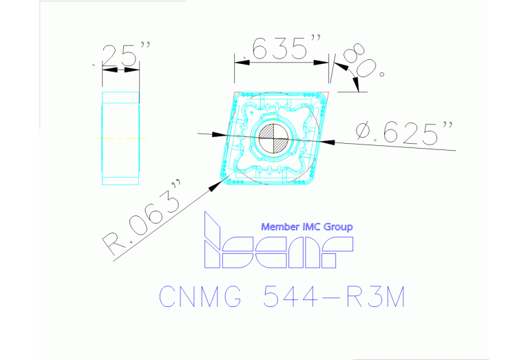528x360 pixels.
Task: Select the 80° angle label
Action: pos(363,62)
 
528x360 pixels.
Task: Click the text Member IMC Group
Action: pos(307,226)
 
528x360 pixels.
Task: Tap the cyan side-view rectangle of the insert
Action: pos(120,138)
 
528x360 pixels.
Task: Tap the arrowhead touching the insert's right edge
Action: pos(329,142)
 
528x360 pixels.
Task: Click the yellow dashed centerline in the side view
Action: pos(120,138)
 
